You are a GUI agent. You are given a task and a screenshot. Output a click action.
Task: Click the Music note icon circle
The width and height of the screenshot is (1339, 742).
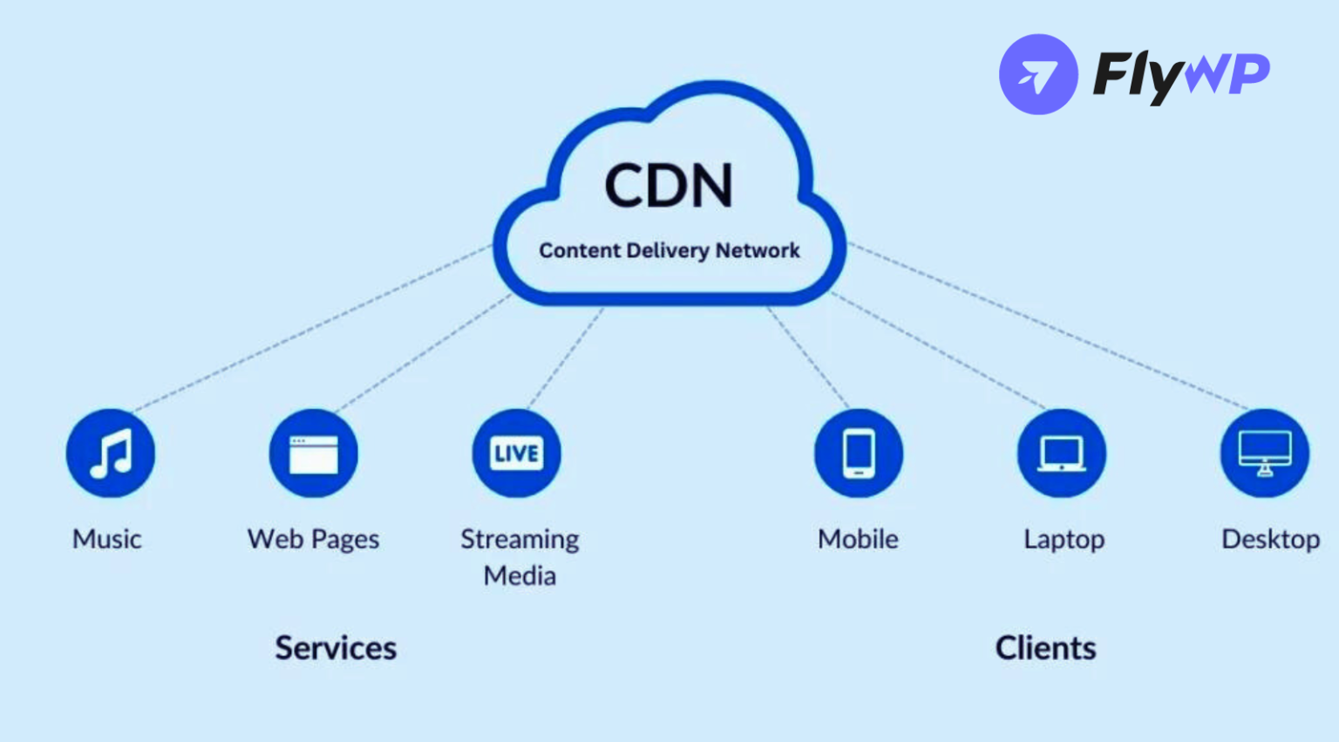point(111,453)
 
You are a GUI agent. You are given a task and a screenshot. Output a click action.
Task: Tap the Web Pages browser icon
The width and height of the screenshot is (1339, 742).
point(314,453)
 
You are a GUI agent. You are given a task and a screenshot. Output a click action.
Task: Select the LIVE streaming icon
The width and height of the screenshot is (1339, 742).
point(517,453)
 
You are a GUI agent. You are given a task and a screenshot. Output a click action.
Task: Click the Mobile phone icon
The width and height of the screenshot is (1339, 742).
point(859,453)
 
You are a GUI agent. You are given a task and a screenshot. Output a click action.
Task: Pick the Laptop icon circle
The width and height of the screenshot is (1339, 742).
point(1062,453)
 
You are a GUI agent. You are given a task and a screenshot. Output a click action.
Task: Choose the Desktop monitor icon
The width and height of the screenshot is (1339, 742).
point(1265,453)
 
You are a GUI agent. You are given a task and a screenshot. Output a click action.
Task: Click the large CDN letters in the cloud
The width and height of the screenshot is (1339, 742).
point(669,185)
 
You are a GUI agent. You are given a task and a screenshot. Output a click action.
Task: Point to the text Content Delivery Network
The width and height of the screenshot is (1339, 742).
point(669,251)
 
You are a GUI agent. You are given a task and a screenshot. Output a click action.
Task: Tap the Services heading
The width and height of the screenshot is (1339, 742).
point(336,648)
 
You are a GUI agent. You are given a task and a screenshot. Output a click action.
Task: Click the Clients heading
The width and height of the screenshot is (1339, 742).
point(1046,648)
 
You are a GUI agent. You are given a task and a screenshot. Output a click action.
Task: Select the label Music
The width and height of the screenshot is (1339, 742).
point(107,539)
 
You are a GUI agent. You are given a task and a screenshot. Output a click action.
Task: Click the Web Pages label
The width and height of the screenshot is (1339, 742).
point(314,539)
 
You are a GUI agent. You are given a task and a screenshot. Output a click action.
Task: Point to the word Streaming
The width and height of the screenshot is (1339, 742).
point(520,539)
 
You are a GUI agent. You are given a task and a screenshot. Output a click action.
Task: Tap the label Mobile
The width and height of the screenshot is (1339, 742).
point(858,539)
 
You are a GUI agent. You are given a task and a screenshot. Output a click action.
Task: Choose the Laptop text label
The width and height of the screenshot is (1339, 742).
point(1064,539)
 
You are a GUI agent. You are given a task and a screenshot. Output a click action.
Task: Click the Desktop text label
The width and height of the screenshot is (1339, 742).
point(1270,539)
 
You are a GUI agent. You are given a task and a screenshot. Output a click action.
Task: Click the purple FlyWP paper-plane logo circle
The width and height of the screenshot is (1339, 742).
point(1038,74)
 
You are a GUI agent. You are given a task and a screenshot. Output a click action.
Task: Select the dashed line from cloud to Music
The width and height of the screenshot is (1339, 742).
point(314,327)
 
